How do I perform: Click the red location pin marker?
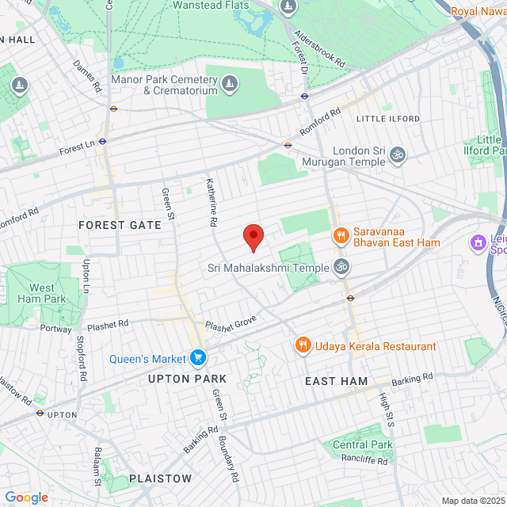click(x=253, y=235)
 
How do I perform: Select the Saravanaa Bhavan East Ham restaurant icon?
click(x=341, y=236)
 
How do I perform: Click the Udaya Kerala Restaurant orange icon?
click(x=302, y=346)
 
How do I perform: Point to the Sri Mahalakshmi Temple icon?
click(x=341, y=267)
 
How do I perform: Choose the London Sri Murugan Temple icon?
click(x=398, y=155)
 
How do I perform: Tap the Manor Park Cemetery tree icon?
click(x=230, y=82)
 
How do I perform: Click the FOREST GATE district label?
click(x=120, y=225)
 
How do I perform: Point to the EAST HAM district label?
click(x=337, y=381)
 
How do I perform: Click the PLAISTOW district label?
click(x=160, y=478)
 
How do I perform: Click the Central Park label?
click(x=362, y=444)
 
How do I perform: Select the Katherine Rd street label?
click(x=212, y=201)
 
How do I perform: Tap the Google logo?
click(x=26, y=497)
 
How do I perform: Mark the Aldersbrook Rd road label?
click(x=320, y=48)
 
